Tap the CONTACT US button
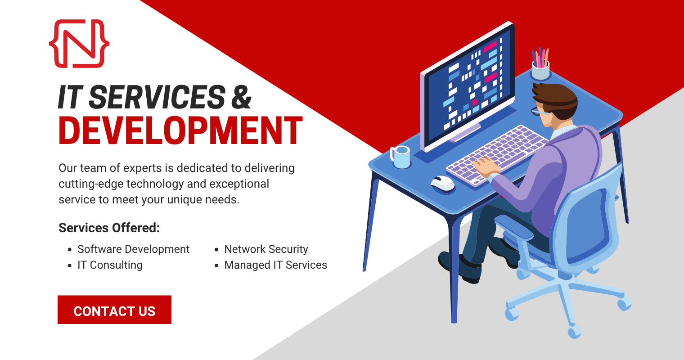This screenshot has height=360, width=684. point(114,310)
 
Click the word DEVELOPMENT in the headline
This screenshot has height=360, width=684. point(180,130)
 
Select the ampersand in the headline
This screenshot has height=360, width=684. point(241,97)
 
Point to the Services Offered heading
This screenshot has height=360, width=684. point(109,228)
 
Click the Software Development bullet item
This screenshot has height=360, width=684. point(134,249)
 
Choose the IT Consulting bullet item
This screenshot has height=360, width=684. point(110,265)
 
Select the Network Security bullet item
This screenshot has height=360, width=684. point(266,249)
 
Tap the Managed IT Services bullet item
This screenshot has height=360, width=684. point(275,265)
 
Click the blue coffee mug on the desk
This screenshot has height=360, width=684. point(400,157)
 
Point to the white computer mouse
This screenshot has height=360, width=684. point(442,183)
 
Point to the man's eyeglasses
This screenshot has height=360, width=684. point(539,112)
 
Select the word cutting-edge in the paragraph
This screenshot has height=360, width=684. point(91,184)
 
